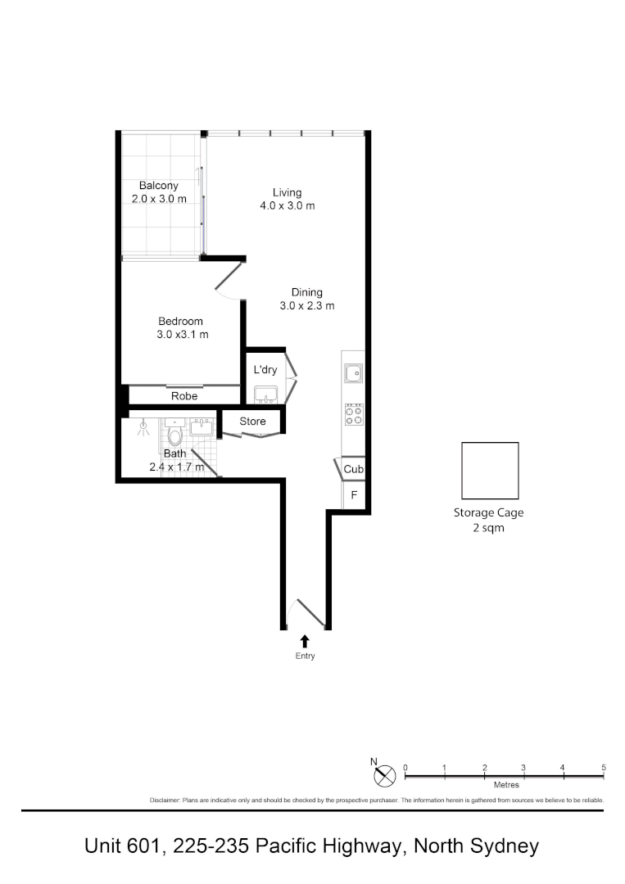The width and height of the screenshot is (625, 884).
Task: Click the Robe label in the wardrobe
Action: point(183,396)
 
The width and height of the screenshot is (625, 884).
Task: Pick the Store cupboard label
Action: point(252,422)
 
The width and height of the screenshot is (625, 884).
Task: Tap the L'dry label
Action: point(265,370)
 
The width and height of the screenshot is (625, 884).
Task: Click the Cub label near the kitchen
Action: point(354,470)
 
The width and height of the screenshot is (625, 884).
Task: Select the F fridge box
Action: point(354,495)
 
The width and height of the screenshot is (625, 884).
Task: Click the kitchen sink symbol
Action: point(354,374)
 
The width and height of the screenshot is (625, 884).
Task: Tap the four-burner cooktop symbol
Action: point(354,414)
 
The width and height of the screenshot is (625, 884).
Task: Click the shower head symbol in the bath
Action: point(143,426)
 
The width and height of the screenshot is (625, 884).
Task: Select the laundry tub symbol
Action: point(265,396)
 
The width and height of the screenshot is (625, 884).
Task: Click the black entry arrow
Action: point(305,641)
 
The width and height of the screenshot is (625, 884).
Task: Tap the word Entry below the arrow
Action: point(305,656)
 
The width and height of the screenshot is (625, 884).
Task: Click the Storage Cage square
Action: point(490,471)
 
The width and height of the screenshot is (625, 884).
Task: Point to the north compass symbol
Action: point(386,772)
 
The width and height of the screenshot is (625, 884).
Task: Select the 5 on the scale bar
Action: point(603,767)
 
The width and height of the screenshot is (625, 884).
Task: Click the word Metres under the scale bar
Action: point(505,784)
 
